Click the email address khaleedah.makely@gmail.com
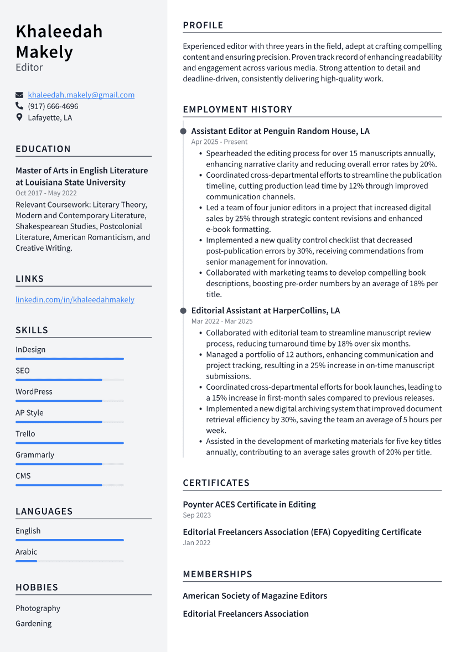81,95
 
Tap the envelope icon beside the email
19,95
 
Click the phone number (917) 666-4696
53,106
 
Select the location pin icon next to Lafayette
19,117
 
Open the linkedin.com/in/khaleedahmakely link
75,300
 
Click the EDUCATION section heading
43,149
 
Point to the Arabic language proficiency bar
69,561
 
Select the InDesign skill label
30,350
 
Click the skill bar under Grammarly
69,464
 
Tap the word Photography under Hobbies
38,608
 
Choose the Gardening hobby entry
33,624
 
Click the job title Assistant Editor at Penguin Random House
280,131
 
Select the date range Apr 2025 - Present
219,142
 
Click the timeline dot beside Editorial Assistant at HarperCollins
183,311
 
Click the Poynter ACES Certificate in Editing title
249,505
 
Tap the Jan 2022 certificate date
196,543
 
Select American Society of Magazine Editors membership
255,596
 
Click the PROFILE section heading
203,25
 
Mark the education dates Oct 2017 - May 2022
46,193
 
